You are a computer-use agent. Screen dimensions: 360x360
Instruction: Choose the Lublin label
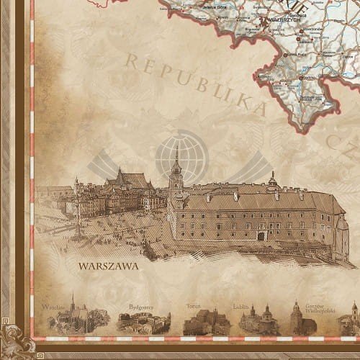(x=240, y=306)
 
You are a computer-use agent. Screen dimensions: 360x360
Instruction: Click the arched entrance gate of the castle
(x=261, y=235)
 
